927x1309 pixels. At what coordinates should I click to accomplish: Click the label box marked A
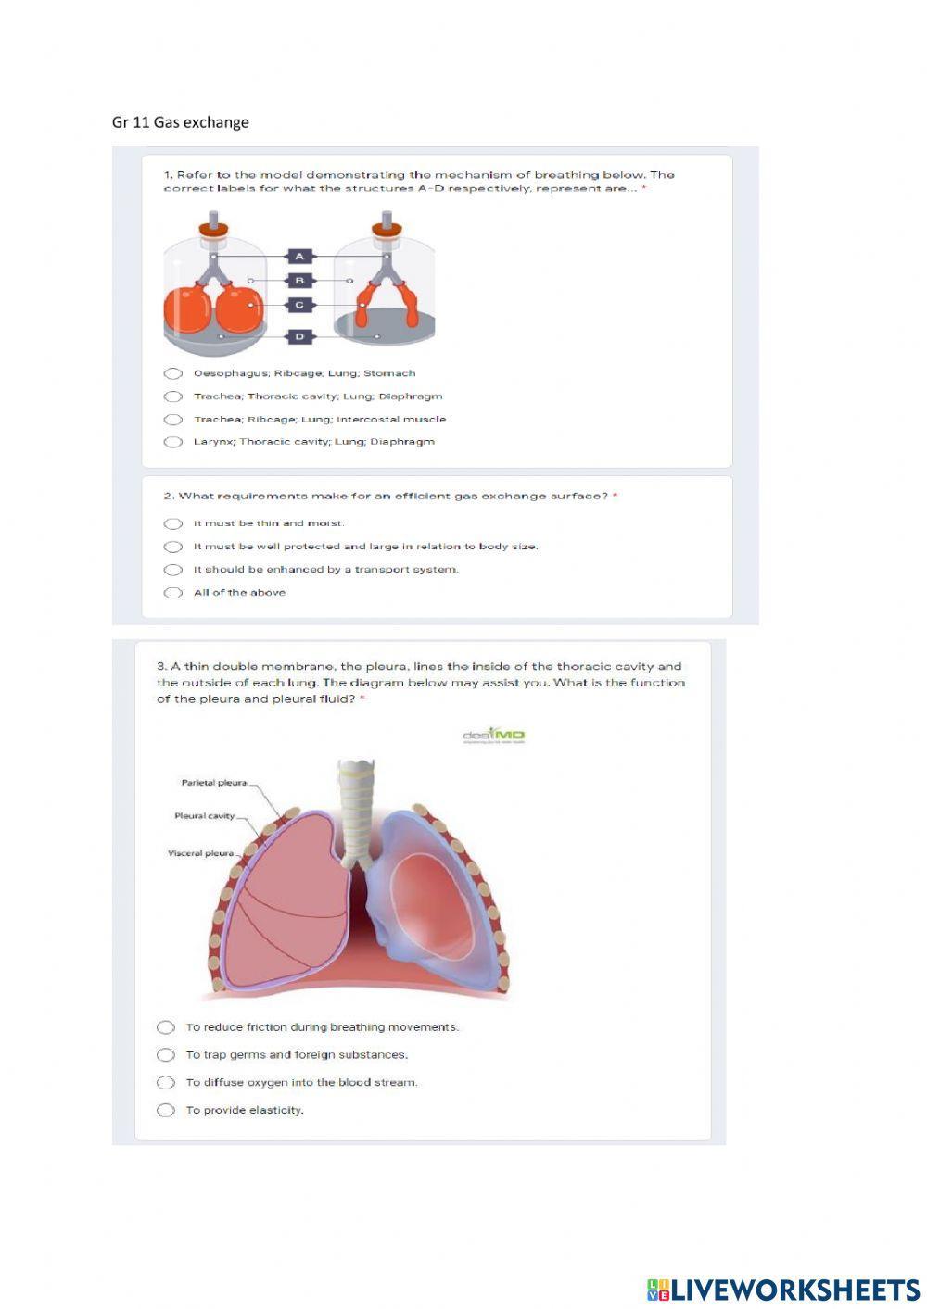point(299,256)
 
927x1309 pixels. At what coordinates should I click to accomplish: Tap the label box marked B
point(299,280)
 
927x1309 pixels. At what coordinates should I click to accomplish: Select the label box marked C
point(299,304)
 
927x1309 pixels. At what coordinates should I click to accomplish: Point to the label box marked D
point(299,336)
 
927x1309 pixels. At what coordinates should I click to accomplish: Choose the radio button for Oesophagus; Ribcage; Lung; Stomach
point(173,373)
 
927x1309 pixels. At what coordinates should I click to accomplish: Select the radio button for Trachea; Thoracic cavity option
point(173,396)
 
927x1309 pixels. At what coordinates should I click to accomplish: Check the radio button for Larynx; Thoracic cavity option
point(173,442)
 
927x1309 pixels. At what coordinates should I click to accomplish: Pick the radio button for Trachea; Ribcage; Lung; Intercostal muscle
point(173,420)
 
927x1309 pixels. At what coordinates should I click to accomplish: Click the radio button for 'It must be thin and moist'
point(173,523)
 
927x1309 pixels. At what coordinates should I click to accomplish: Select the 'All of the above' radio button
point(173,593)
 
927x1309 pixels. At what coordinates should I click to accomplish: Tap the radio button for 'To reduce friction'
point(166,1027)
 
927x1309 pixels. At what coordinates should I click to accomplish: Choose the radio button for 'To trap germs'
point(166,1055)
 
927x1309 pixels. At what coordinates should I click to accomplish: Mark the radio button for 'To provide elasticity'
point(166,1110)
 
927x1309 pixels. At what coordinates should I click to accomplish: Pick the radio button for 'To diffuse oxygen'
point(166,1082)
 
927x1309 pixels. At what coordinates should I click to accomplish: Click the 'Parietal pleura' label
point(214,783)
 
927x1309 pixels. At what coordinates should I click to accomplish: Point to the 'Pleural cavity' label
point(205,816)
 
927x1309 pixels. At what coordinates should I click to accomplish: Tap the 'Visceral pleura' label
point(200,853)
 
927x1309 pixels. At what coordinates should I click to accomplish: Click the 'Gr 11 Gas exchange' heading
point(181,122)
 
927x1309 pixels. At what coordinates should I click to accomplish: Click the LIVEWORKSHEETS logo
point(783,1289)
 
